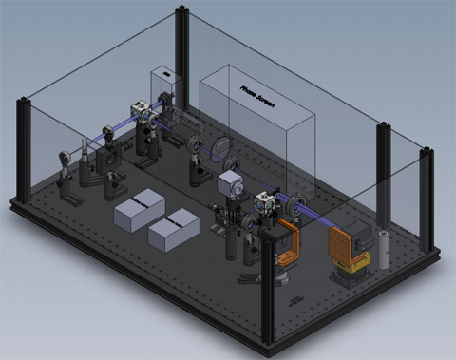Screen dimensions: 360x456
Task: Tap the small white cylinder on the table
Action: pyautogui.click(x=382, y=248)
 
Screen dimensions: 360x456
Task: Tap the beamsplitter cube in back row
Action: pyautogui.click(x=142, y=111)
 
